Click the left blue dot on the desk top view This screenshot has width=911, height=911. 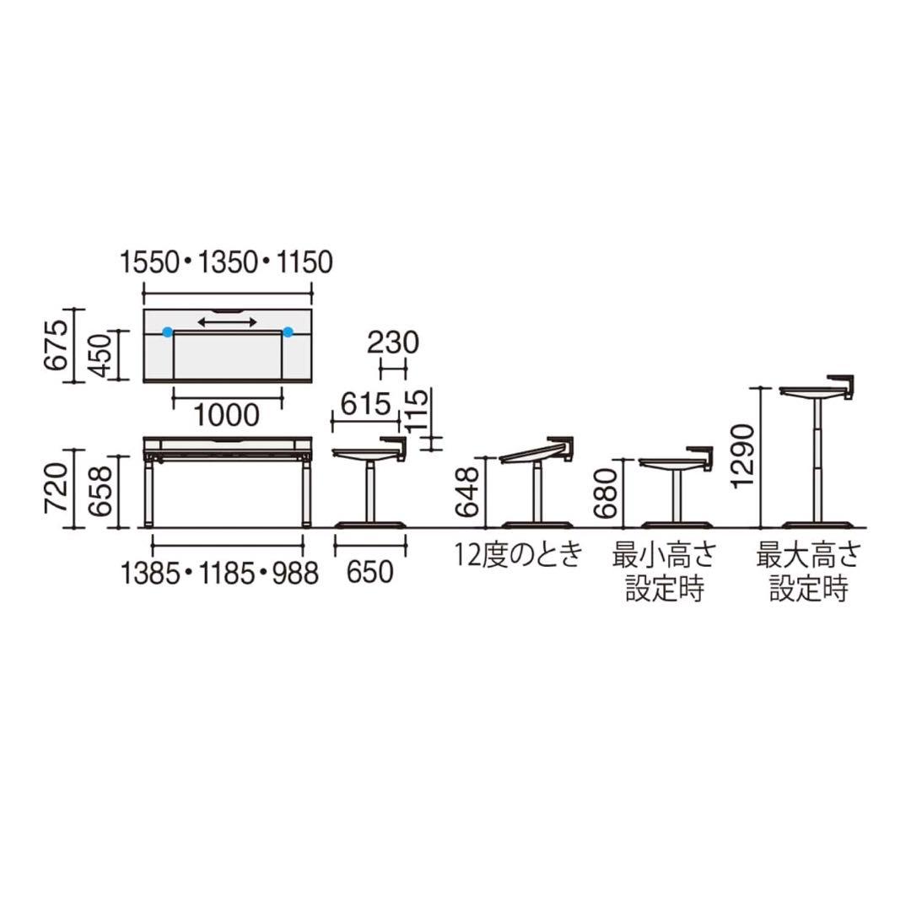[167, 332]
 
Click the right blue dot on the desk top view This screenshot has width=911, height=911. [288, 332]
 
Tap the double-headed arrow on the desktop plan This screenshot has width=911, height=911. [227, 322]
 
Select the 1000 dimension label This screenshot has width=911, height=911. [226, 415]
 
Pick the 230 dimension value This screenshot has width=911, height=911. [393, 342]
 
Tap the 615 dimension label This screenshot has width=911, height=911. [365, 404]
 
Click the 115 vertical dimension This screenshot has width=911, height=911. [418, 412]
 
